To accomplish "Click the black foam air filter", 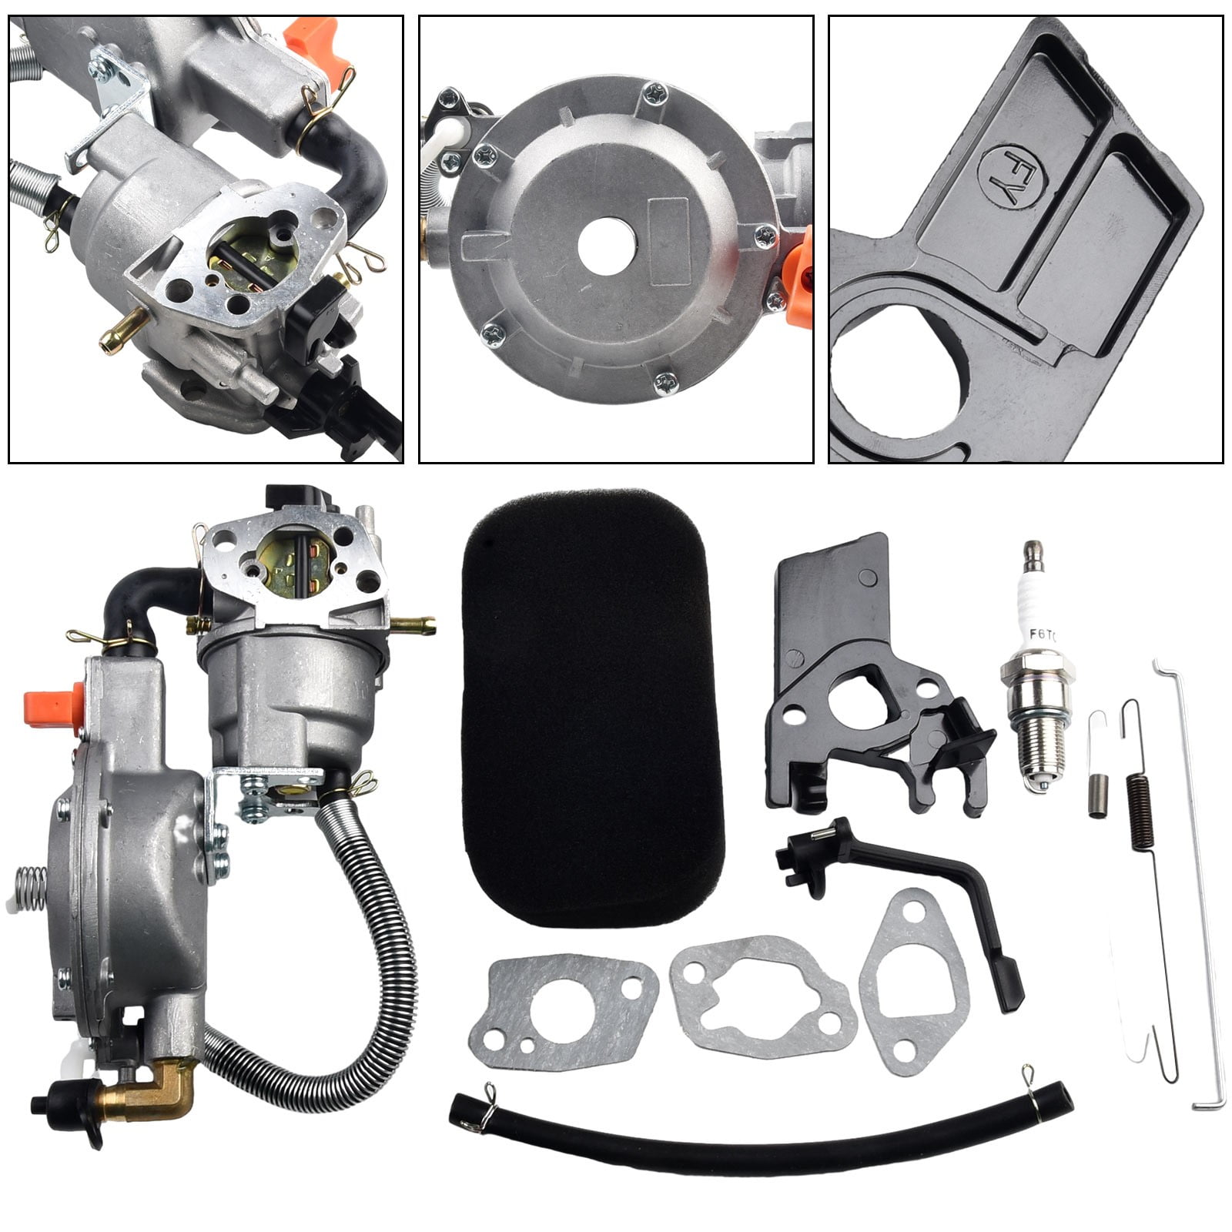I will click(x=591, y=708).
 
